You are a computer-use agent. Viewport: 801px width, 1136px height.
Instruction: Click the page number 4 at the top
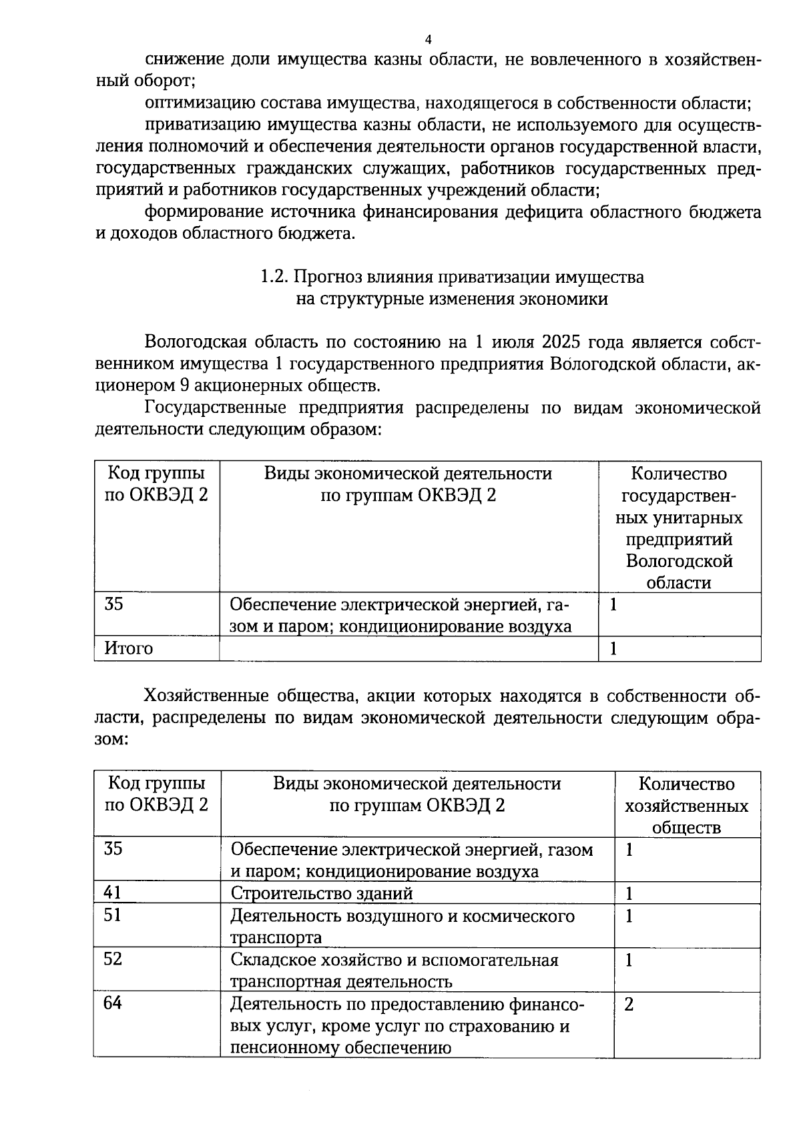(428, 39)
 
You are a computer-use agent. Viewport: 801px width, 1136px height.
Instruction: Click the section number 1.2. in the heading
(274, 277)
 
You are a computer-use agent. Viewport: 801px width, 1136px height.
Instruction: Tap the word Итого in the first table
(129, 648)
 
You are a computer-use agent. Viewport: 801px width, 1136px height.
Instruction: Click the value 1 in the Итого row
(613, 648)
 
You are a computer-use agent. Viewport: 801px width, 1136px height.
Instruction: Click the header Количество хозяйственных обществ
(686, 805)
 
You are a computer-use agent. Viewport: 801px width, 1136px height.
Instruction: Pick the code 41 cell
(113, 893)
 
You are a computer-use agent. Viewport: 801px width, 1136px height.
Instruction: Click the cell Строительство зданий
(322, 893)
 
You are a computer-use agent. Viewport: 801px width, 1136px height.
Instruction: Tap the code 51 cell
(113, 915)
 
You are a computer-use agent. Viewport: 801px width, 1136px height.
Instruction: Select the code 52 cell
(113, 959)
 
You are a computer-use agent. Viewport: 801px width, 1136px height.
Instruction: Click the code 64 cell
(113, 1003)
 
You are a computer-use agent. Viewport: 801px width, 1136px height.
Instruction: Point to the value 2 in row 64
(629, 1004)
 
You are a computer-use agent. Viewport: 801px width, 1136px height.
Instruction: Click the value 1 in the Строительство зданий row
(628, 893)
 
